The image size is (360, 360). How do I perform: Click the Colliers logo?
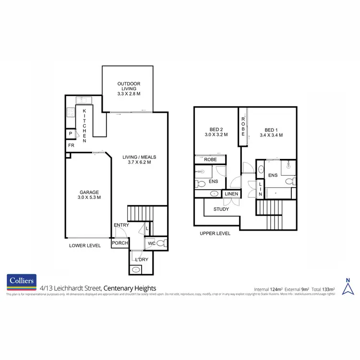pyautogui.click(x=21, y=282)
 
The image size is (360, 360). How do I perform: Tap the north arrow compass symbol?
pyautogui.click(x=348, y=286)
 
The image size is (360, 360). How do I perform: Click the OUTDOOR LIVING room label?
pyautogui.click(x=129, y=89)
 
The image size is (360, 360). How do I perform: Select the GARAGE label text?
pyautogui.click(x=88, y=193)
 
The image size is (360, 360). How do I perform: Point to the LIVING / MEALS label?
pyautogui.click(x=139, y=159)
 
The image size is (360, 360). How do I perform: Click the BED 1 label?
pyautogui.click(x=271, y=132)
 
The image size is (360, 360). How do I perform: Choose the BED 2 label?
pyautogui.click(x=217, y=132)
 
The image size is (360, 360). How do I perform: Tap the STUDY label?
pyautogui.click(x=221, y=209)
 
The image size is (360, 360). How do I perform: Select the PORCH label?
pyautogui.click(x=120, y=243)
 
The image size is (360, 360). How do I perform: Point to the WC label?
pyautogui.click(x=151, y=243)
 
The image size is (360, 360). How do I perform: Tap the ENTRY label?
pyautogui.click(x=121, y=225)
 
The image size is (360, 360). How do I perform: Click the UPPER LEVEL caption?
pyautogui.click(x=215, y=234)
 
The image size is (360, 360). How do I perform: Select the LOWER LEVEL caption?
pyautogui.click(x=84, y=245)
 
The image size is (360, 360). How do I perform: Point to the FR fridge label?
pyautogui.click(x=71, y=145)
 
